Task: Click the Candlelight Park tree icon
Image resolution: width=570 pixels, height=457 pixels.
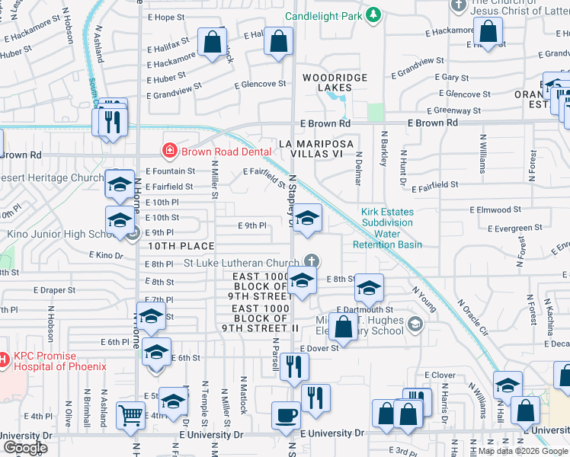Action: point(373,15)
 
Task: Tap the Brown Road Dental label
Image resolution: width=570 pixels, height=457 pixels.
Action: point(226,151)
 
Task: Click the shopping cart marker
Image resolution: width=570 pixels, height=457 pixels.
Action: point(130,415)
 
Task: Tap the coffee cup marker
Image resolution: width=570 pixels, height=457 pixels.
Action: point(286,415)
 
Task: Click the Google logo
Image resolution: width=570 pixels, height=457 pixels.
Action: point(25,447)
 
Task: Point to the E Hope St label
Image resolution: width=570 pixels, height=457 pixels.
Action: point(165,17)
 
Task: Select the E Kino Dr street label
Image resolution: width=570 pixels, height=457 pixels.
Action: point(106,254)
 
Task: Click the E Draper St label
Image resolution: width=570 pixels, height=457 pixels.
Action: point(54,290)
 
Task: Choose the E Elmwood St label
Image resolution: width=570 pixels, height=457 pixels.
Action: point(495,209)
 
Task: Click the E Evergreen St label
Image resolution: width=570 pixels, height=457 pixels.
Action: point(516,228)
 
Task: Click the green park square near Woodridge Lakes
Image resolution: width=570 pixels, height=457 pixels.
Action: point(376,112)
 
